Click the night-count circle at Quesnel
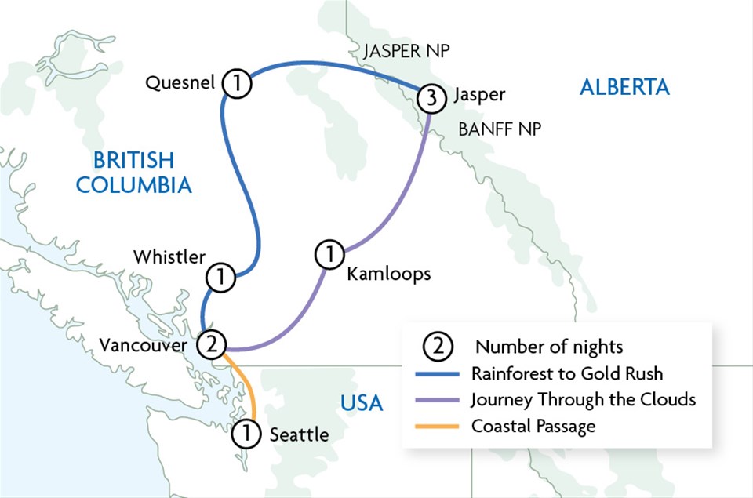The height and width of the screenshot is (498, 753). pyautogui.click(x=236, y=82)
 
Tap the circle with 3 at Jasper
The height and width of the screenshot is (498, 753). pyautogui.click(x=431, y=98)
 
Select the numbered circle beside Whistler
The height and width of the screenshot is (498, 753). pyautogui.click(x=221, y=277)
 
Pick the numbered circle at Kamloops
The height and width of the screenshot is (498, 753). pyautogui.click(x=329, y=254)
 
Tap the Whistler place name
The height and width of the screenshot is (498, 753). pyautogui.click(x=169, y=256)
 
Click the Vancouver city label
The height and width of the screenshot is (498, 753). pyautogui.click(x=144, y=345)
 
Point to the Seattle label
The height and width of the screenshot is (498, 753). pyautogui.click(x=299, y=434)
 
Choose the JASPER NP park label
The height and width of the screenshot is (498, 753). pyautogui.click(x=406, y=53)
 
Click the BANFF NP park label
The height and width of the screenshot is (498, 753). pyautogui.click(x=500, y=129)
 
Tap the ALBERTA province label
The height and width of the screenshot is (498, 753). pyautogui.click(x=624, y=87)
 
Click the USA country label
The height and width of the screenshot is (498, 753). pyautogui.click(x=362, y=404)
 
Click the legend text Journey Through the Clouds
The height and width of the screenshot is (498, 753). pyautogui.click(x=583, y=399)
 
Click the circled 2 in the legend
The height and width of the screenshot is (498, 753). pyautogui.click(x=438, y=346)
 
